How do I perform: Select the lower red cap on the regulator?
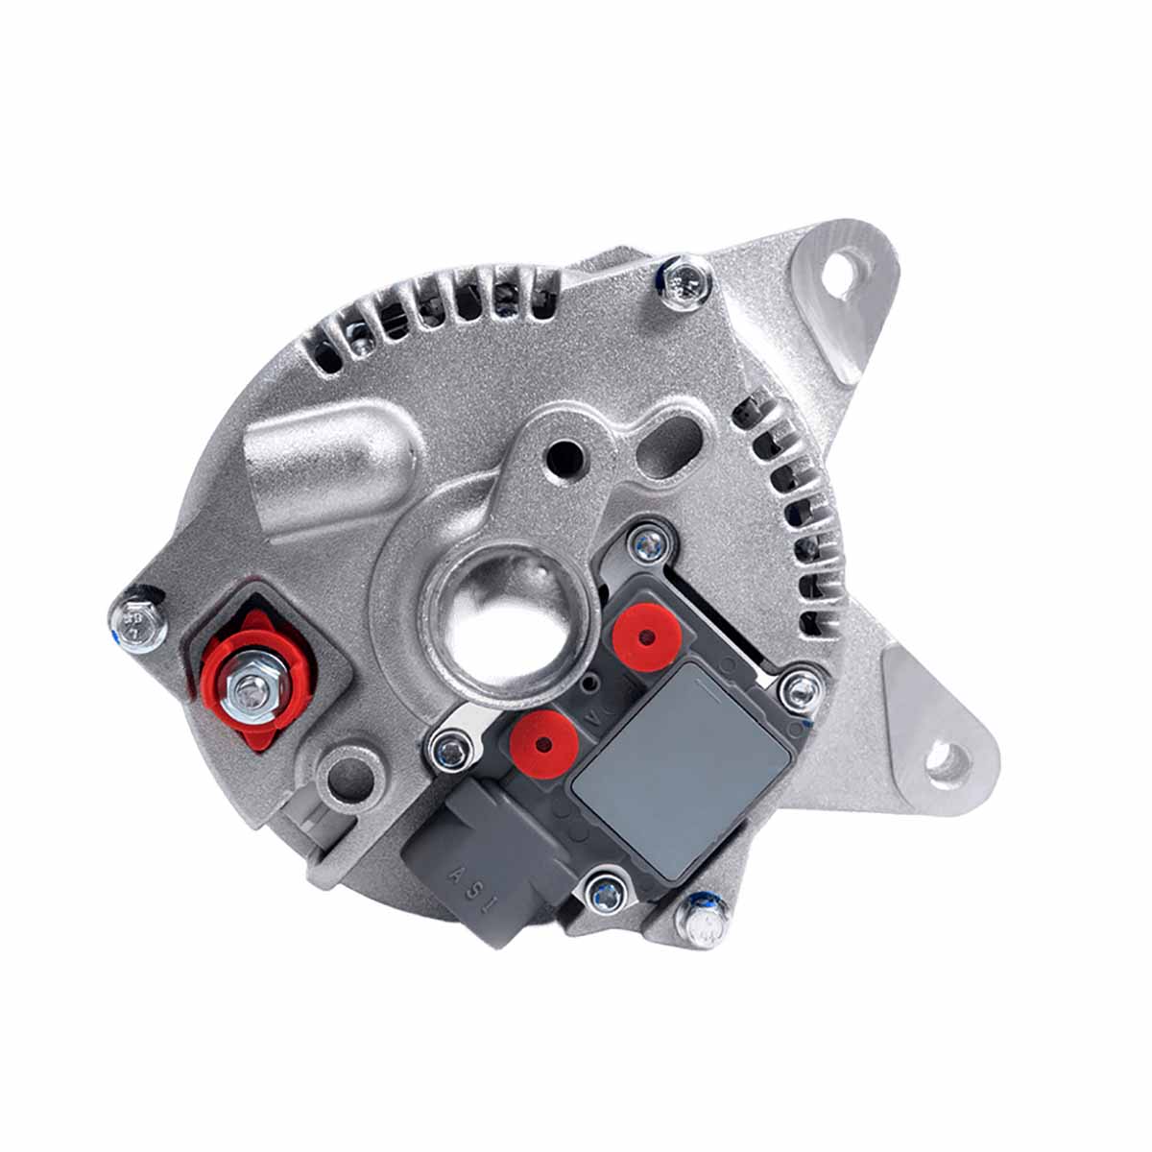(544, 744)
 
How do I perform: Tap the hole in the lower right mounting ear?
(945, 764)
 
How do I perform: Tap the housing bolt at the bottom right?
(706, 924)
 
